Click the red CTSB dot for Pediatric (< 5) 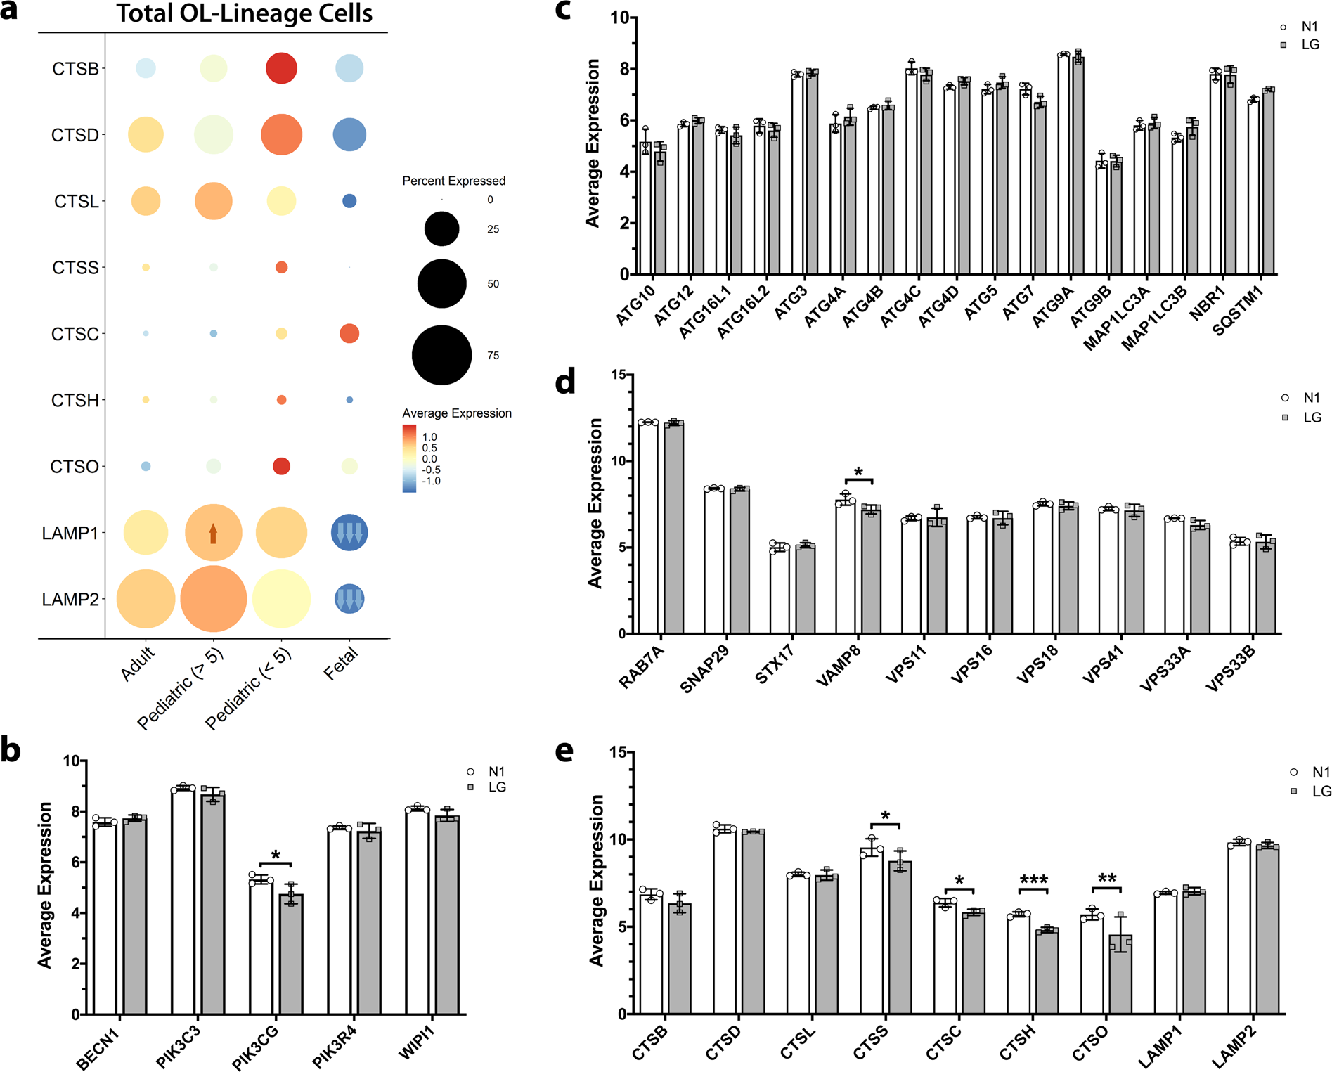(x=281, y=68)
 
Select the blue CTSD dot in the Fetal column (x=349, y=134)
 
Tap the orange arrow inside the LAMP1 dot (x=213, y=534)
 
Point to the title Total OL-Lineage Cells (x=244, y=14)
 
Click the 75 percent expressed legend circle (x=441, y=355)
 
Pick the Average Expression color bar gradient (x=409, y=458)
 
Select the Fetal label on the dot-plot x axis (x=341, y=663)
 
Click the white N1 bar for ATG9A (x=1063, y=164)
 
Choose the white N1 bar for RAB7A (x=648, y=527)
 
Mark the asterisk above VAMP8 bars (x=858, y=472)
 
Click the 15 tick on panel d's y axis (x=618, y=375)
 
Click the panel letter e (x=564, y=751)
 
